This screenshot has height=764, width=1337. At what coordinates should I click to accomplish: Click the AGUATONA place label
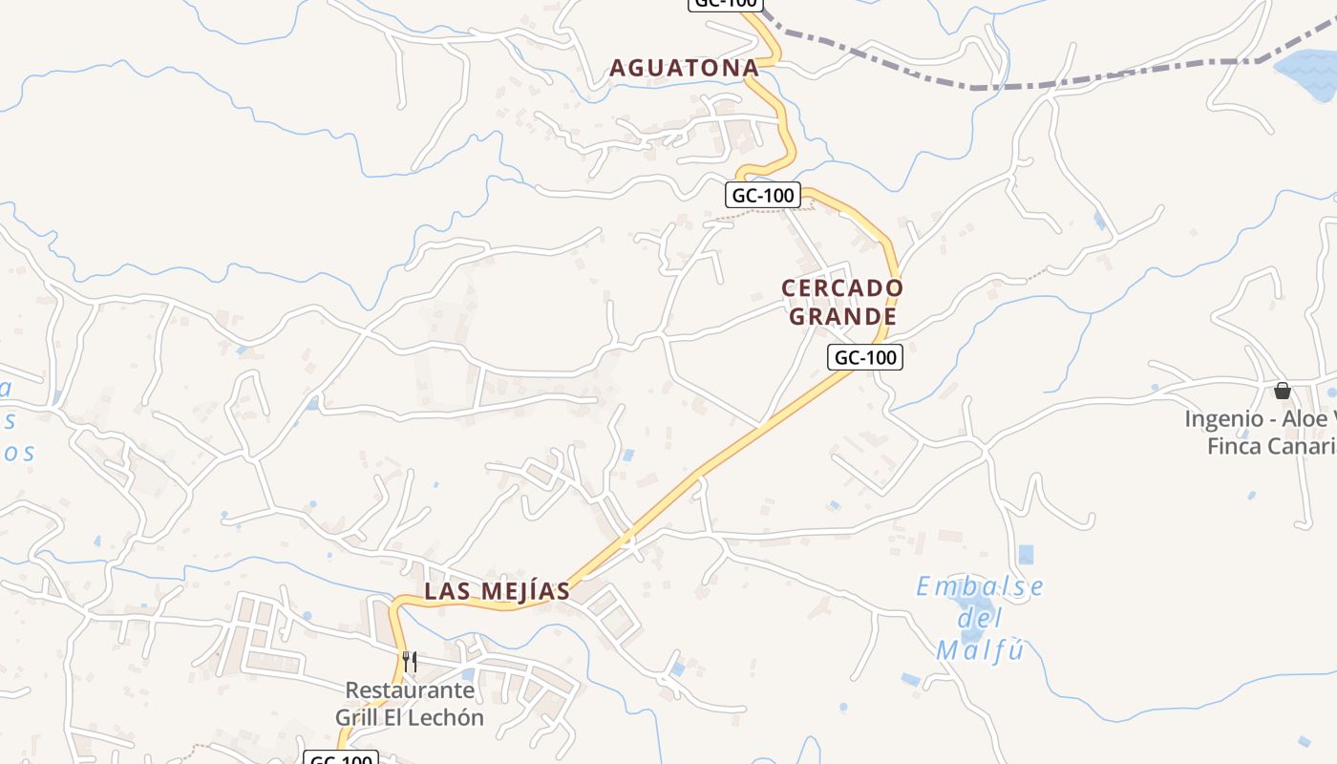[684, 68]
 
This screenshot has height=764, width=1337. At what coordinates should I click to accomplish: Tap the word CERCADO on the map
[842, 287]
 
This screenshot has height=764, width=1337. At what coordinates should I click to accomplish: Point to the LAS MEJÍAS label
[497, 591]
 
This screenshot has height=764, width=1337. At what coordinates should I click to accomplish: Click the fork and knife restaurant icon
[410, 661]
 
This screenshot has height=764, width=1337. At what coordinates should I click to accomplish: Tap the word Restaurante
[410, 690]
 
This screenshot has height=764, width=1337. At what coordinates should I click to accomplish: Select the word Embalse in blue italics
[980, 586]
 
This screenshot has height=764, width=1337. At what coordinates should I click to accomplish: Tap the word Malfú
[980, 651]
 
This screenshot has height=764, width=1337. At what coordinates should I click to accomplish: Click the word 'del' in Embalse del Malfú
[980, 619]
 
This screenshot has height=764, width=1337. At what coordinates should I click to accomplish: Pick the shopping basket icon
[1282, 391]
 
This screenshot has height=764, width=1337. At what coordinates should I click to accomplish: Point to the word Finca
[1235, 446]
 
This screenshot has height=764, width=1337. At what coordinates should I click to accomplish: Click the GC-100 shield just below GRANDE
[864, 358]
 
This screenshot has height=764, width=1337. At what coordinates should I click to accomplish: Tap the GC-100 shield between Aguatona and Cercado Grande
[763, 196]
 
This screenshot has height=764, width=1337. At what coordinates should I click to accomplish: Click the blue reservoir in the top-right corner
[1308, 72]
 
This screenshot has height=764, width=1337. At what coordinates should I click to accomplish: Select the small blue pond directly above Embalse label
[1026, 554]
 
